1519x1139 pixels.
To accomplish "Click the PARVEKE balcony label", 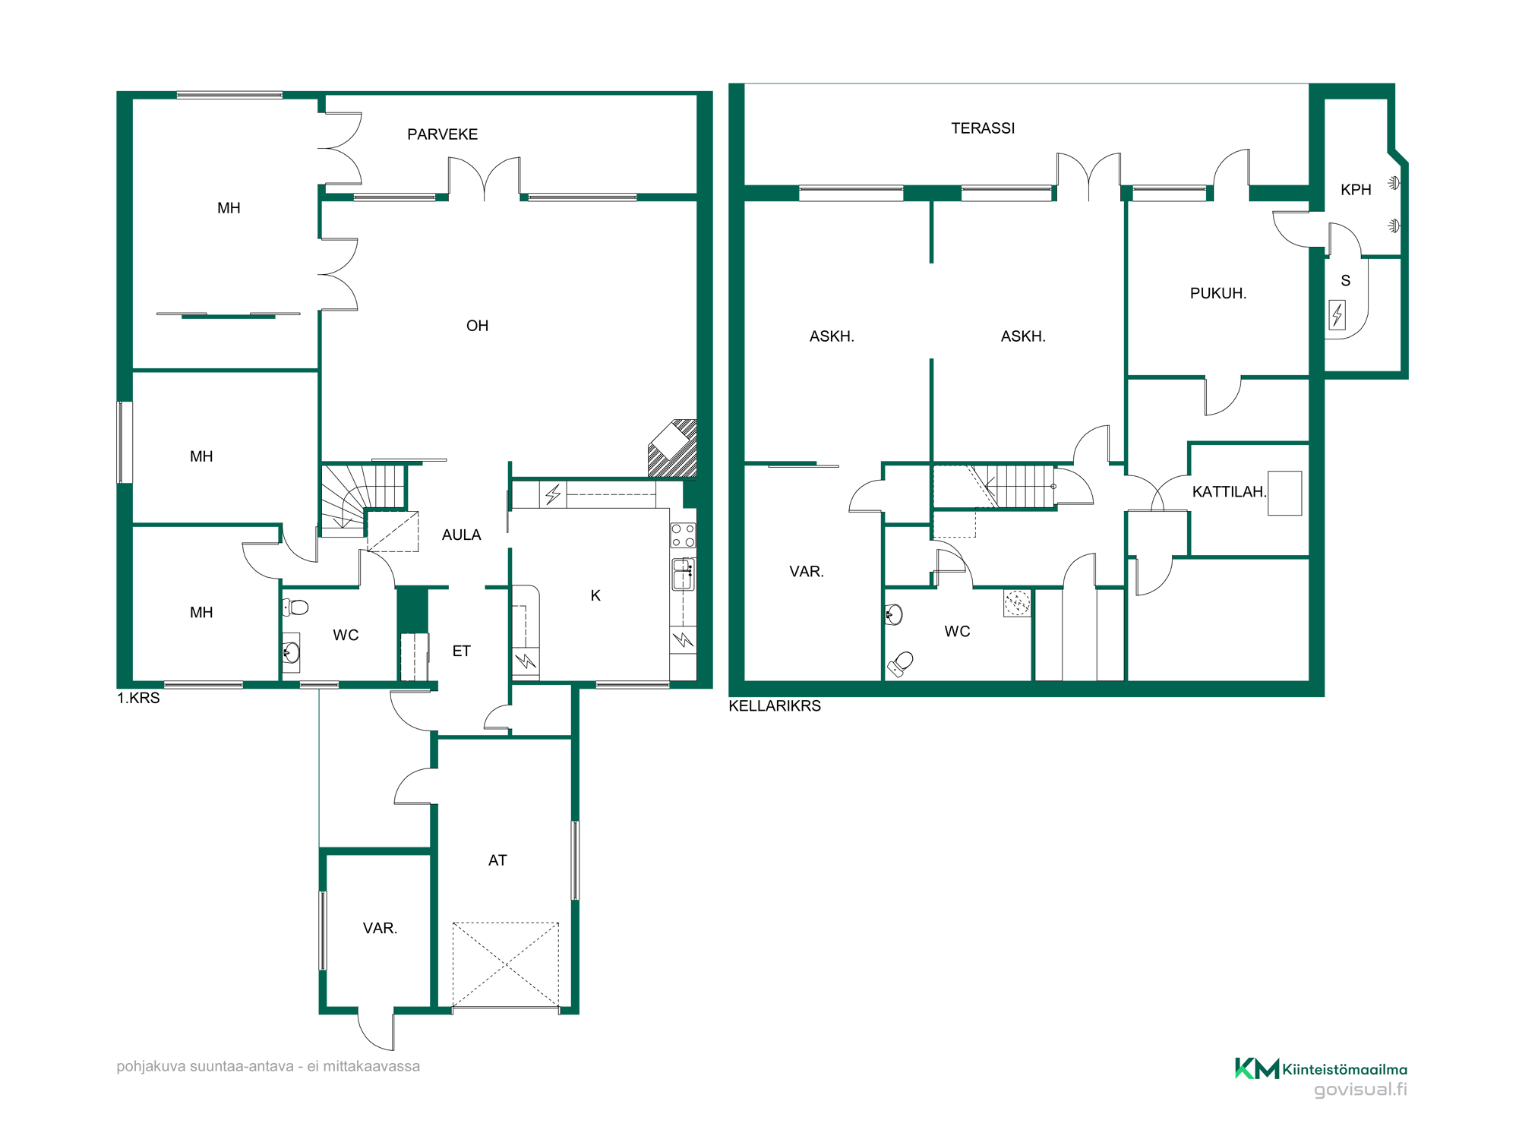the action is pos(442,134).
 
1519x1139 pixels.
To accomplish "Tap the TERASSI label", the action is pos(983,128).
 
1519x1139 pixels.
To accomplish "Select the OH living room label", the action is pos(477,326).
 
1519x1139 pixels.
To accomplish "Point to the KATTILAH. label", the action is pos(1229,492).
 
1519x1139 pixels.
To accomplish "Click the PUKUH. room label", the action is pos(1217,293).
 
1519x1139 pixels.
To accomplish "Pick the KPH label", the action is pos(1356,190).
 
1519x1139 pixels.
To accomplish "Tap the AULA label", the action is pos(461,535).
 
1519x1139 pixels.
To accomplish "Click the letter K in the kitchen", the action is pos(595,596).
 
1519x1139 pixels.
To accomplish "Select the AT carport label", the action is pos(497,860).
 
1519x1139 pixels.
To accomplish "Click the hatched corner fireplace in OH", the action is pos(673,448).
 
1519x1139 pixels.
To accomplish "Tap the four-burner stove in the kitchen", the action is pos(683,535).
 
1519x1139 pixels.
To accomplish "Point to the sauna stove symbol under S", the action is pos(1337,314).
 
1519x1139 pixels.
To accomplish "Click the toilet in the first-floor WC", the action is pos(295,607).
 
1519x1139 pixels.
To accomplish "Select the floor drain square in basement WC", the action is pos(1017,603).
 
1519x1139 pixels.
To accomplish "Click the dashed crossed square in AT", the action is pos(506,965).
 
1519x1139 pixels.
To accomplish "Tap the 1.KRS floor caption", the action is pos(138,699).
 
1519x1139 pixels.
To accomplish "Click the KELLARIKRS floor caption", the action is pos(775,706).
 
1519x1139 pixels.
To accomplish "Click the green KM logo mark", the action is pos(1257,1068).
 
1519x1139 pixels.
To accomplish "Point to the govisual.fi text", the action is pos(1360,1090).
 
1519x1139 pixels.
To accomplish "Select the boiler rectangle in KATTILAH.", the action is pos(1284,494).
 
